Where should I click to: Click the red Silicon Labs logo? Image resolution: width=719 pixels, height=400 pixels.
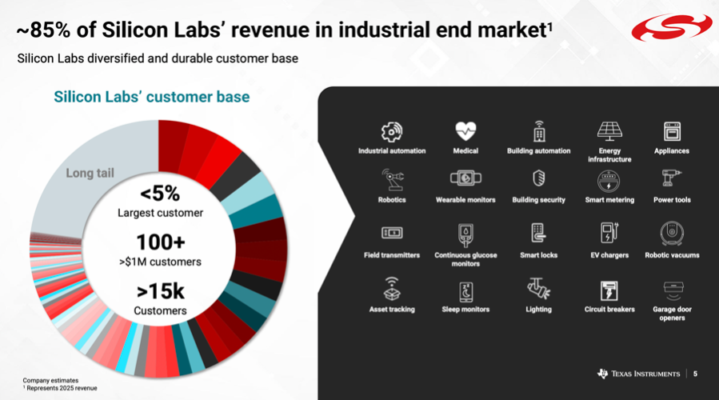click(x=672, y=27)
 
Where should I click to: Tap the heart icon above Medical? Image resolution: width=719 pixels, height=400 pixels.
click(x=465, y=131)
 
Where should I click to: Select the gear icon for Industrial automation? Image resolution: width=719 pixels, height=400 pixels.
click(x=392, y=132)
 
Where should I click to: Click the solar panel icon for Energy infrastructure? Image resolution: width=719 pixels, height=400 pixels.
click(x=609, y=131)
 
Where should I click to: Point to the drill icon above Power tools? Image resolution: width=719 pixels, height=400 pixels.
click(x=672, y=178)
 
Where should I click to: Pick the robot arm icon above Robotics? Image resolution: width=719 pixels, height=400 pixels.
click(x=392, y=179)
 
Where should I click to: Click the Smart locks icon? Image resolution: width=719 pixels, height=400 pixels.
click(x=538, y=233)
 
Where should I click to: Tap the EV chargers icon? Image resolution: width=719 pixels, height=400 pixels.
click(x=609, y=232)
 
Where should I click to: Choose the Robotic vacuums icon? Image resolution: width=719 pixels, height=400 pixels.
click(x=672, y=233)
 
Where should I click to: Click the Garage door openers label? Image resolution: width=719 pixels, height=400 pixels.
click(x=672, y=314)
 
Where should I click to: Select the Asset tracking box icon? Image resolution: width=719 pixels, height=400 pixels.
click(x=392, y=289)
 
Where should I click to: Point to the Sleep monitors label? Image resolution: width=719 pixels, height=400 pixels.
click(x=465, y=309)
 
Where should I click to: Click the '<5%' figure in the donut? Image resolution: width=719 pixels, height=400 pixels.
click(x=160, y=194)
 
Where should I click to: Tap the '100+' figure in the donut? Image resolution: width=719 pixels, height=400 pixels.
click(x=161, y=242)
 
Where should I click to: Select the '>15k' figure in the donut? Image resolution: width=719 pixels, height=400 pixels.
click(x=161, y=291)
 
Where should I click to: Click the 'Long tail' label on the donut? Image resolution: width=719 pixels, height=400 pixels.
click(x=90, y=173)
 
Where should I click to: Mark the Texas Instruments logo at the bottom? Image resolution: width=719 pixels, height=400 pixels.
click(x=638, y=374)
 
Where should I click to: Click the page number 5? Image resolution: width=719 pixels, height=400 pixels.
click(x=695, y=374)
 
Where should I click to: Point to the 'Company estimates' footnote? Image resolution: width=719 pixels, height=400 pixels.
click(x=50, y=380)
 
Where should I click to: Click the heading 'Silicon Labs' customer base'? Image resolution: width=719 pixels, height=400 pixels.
click(x=152, y=97)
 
